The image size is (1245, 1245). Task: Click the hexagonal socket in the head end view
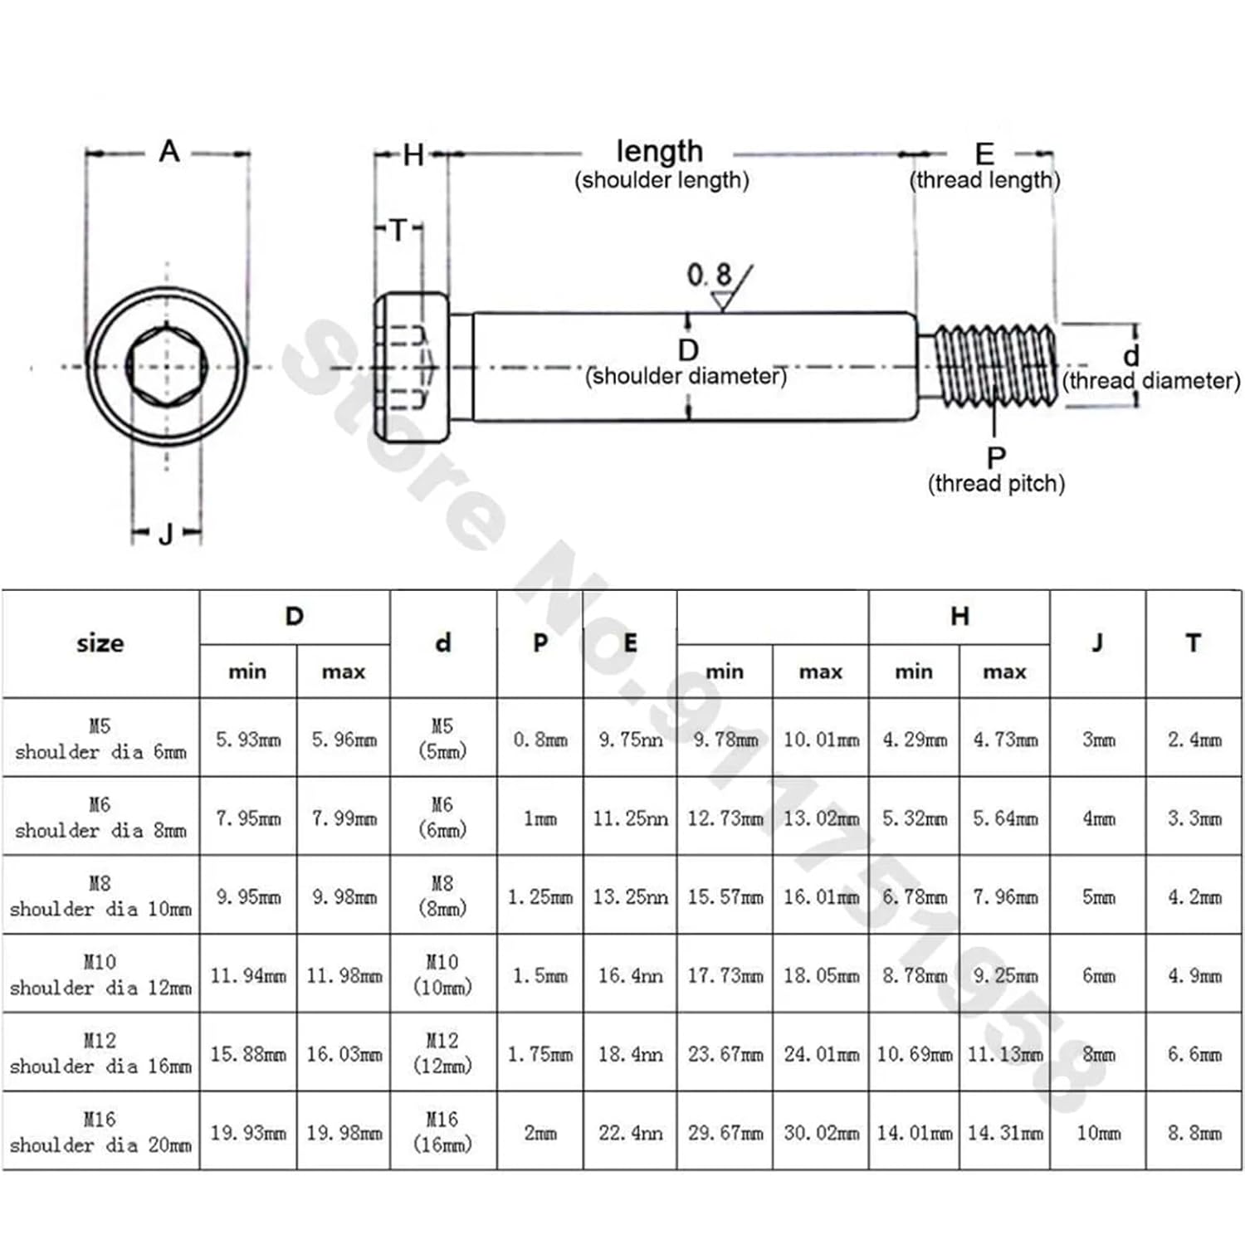pyautogui.click(x=167, y=366)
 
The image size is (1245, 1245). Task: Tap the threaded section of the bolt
pyautogui.click(x=994, y=366)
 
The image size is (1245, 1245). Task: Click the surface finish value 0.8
pyautogui.click(x=709, y=276)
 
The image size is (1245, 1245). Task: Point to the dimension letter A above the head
pyautogui.click(x=168, y=152)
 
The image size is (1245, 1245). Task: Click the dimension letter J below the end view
pyautogui.click(x=166, y=534)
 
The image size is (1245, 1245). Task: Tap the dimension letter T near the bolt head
pyautogui.click(x=398, y=230)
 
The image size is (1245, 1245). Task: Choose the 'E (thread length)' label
pyautogui.click(x=984, y=166)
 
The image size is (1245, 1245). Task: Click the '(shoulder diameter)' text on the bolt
pyautogui.click(x=686, y=377)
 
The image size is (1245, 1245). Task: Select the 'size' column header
pyautogui.click(x=100, y=643)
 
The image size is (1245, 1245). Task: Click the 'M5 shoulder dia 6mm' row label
pyautogui.click(x=100, y=739)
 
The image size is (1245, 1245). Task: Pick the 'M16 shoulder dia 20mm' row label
pyautogui.click(x=100, y=1132)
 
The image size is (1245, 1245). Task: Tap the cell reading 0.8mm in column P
pyautogui.click(x=540, y=739)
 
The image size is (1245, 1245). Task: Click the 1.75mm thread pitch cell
pyautogui.click(x=540, y=1054)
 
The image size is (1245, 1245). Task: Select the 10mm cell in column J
pyautogui.click(x=1098, y=1132)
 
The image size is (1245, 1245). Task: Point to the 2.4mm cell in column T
pyautogui.click(x=1194, y=739)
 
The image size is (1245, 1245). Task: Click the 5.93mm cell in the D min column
pyautogui.click(x=248, y=739)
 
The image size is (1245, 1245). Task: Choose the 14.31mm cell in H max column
pyautogui.click(x=1005, y=1132)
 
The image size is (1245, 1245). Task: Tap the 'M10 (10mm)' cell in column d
pyautogui.click(x=442, y=974)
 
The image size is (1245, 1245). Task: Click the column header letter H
pyautogui.click(x=959, y=616)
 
